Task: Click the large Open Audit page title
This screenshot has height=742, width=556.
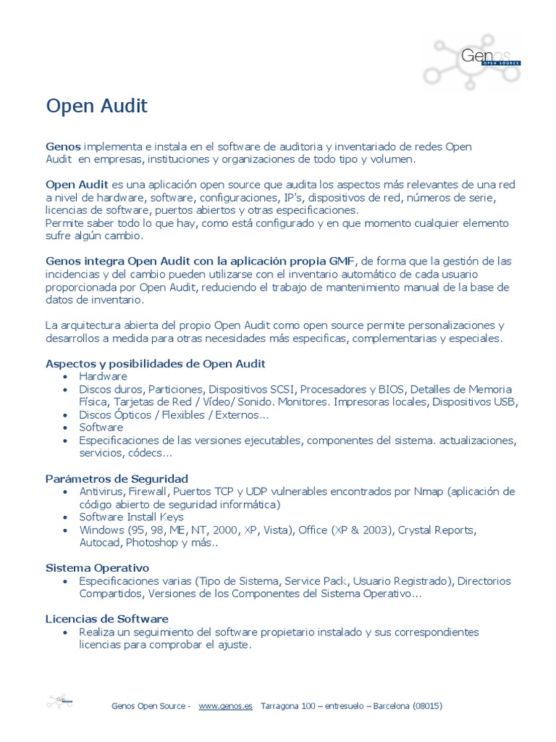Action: point(97,107)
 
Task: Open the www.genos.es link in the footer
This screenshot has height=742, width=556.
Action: point(225,706)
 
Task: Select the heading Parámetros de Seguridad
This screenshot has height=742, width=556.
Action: point(117,478)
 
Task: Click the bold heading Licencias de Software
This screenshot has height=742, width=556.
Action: point(107,619)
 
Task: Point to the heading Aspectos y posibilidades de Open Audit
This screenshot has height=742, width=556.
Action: point(156,363)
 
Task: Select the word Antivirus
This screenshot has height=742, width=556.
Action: point(102,491)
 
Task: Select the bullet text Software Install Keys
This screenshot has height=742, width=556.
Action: point(131,517)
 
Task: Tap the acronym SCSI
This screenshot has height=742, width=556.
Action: point(282,389)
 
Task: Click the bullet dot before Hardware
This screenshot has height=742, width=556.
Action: point(66,377)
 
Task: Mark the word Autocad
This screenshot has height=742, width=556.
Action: point(100,542)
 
